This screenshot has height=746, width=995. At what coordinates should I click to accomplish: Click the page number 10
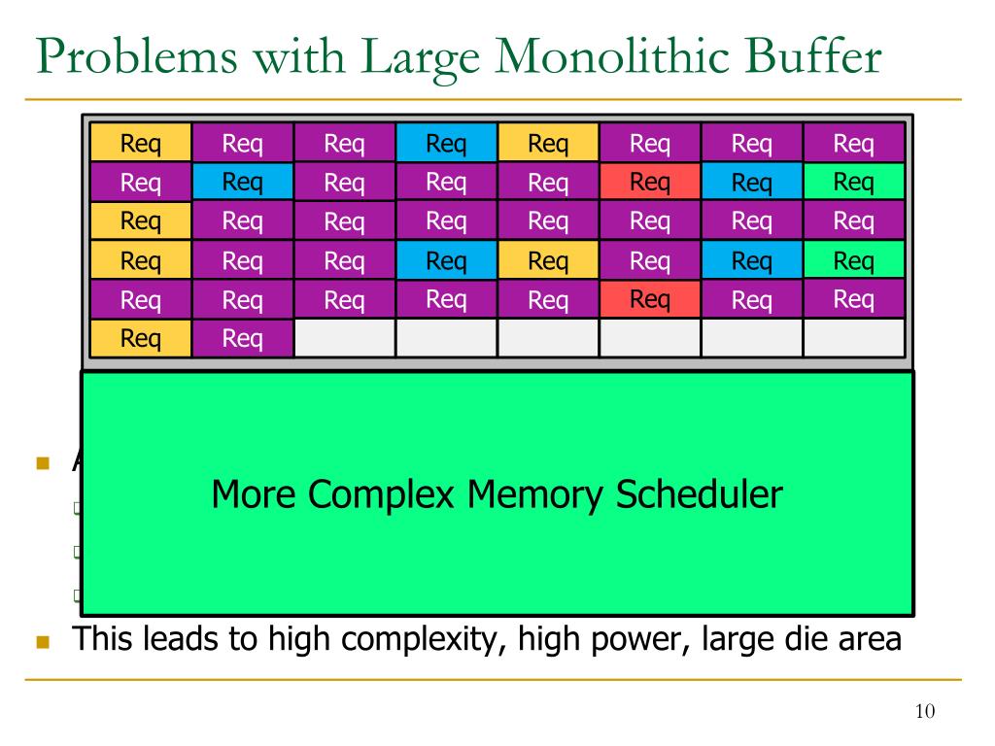[924, 712]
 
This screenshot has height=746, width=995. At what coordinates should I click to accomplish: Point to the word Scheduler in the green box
[699, 494]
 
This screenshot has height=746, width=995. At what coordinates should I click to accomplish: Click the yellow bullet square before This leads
[42, 641]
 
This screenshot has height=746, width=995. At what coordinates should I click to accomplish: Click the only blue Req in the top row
[446, 144]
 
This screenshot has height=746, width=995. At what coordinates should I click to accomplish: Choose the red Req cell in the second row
[650, 182]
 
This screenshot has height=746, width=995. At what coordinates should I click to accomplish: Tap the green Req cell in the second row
[854, 182]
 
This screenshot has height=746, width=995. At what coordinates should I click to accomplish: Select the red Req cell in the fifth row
[650, 299]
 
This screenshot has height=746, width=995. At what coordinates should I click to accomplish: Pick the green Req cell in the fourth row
[854, 260]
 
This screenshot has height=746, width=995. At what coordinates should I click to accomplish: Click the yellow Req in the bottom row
[141, 338]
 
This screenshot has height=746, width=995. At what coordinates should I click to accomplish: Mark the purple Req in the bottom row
[243, 338]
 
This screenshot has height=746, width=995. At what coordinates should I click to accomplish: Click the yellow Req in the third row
[141, 221]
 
